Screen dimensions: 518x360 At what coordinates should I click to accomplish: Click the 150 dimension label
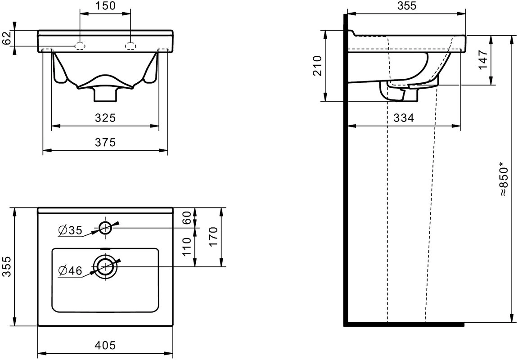click(x=105, y=6)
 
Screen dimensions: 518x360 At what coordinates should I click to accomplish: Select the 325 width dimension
click(x=105, y=117)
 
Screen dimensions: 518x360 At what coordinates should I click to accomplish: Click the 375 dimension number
click(x=105, y=142)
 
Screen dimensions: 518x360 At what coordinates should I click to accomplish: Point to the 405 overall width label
click(x=105, y=345)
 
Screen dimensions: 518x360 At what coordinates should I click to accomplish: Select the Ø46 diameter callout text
click(x=70, y=271)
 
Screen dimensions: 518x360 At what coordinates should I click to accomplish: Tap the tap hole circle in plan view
click(x=105, y=227)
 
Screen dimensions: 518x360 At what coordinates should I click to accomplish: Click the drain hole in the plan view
click(x=105, y=266)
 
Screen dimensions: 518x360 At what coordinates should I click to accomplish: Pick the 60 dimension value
click(x=187, y=218)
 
